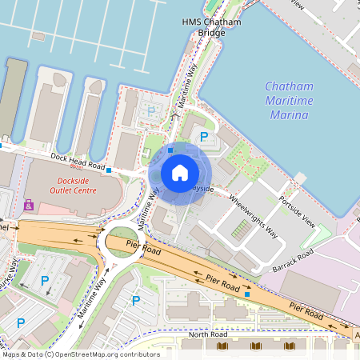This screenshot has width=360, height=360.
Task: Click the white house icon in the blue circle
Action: pos(180,173)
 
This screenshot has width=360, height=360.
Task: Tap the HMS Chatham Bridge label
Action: pos(211,28)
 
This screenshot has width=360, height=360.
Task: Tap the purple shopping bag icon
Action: pos(30,205)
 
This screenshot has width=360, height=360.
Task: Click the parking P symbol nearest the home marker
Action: pos(204,138)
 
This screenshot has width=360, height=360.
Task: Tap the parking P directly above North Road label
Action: pos(136,301)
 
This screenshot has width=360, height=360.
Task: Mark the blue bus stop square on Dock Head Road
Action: pos(109,170)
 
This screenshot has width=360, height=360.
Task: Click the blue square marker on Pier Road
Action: pos(247,294)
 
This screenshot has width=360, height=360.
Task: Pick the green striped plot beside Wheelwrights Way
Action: pos(240,230)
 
